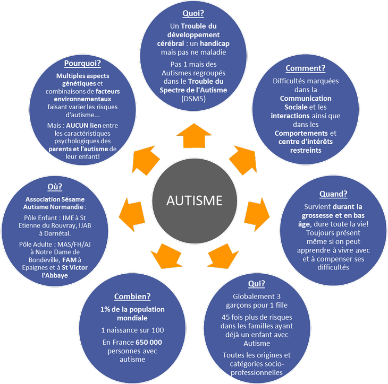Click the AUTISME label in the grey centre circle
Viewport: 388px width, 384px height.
(194, 200)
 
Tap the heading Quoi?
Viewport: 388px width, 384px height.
(193, 13)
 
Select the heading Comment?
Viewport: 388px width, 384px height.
(306, 68)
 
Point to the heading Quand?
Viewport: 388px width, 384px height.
(333, 194)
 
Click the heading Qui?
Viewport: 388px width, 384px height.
(257, 284)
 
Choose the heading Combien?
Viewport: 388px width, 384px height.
(132, 296)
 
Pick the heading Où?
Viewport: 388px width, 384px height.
(55, 187)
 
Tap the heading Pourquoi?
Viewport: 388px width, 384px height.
(82, 63)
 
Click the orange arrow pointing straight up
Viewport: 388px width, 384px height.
(194, 136)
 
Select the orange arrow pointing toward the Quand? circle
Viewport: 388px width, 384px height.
(257, 214)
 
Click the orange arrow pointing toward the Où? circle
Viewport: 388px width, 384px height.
(132, 214)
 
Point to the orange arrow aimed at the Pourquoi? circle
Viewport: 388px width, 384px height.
(146, 160)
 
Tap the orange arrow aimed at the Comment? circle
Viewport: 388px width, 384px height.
(243, 160)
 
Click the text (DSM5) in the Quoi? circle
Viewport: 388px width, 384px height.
(193, 99)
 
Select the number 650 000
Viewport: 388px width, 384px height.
(149, 342)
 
